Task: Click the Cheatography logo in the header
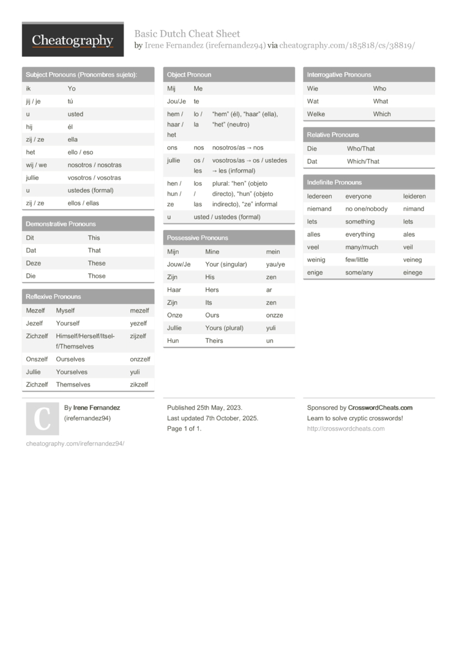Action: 73,40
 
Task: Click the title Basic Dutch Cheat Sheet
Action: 187,34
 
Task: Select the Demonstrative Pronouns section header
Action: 61,224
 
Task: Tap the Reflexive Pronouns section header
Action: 53,297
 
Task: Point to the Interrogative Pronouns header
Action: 339,75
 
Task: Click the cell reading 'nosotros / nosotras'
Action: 94,165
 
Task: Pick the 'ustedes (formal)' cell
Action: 91,190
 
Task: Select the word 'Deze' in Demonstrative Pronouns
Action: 34,263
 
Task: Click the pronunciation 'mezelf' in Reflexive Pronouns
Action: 139,311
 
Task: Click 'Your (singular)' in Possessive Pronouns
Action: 226,264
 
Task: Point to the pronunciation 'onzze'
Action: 275,315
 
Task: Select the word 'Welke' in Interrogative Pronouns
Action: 316,114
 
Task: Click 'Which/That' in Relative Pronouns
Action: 363,161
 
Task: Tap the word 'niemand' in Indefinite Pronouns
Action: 319,209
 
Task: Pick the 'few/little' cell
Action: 357,260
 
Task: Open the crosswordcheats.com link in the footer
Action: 346,429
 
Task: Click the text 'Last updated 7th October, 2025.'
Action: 212,418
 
